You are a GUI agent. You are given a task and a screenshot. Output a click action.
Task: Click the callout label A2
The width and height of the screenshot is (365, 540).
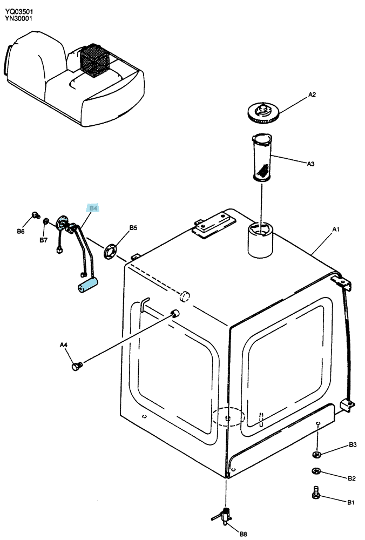(x=312, y=94)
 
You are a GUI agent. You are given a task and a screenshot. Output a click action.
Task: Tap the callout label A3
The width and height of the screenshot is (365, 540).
(x=310, y=164)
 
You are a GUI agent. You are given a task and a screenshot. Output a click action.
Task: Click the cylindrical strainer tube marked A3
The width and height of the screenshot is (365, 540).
(x=262, y=157)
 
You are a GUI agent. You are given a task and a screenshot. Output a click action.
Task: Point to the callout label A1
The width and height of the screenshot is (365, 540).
(x=336, y=230)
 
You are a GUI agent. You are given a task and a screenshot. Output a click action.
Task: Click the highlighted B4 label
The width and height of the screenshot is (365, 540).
(x=93, y=208)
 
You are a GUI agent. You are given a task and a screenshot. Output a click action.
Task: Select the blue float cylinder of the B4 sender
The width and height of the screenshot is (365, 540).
(x=87, y=286)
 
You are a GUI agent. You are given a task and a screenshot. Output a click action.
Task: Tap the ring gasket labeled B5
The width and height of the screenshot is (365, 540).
(x=110, y=251)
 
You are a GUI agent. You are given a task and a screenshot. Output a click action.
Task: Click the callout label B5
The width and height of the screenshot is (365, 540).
(x=133, y=228)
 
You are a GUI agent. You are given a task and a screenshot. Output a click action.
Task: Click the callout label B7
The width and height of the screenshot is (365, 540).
(x=43, y=240)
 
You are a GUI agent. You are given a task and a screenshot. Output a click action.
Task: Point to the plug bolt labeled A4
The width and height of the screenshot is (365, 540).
(x=77, y=366)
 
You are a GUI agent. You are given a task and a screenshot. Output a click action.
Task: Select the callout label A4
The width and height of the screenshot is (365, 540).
(x=64, y=345)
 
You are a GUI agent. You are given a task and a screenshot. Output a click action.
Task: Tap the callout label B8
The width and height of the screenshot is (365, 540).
(x=243, y=534)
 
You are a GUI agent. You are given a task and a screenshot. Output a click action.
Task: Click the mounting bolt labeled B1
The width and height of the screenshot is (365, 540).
(x=316, y=493)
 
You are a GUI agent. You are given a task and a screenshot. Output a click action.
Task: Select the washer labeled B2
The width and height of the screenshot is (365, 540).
(x=316, y=471)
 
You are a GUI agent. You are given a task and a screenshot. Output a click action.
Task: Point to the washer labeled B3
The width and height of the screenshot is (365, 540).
(x=317, y=455)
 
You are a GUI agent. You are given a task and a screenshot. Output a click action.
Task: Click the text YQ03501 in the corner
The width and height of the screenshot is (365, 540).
(x=19, y=12)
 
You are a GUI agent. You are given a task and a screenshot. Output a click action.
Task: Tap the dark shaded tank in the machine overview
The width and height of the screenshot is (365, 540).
(x=94, y=60)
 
